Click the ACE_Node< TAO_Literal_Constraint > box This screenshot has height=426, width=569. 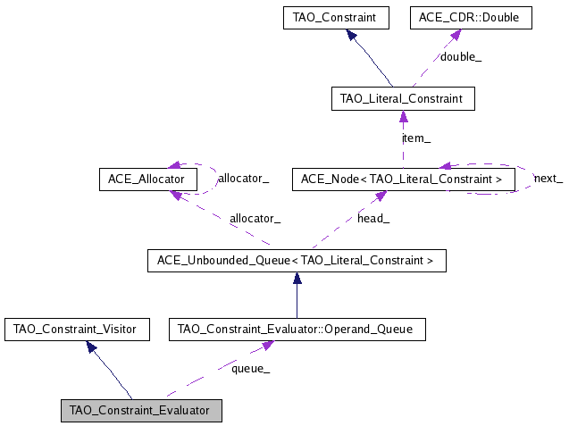tap(403, 179)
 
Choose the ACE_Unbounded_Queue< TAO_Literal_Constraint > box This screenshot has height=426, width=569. tap(296, 261)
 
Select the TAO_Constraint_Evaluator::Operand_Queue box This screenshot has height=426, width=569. tap(296, 330)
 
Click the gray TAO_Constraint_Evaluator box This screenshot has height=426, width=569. tap(139, 411)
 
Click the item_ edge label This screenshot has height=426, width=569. tap(416, 138)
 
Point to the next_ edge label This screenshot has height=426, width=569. tap(548, 179)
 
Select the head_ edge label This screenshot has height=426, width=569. tap(372, 218)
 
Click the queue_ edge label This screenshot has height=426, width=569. tap(250, 368)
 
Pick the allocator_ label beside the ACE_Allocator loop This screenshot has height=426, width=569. tap(244, 179)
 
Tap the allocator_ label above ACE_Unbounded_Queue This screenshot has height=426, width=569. tap(255, 218)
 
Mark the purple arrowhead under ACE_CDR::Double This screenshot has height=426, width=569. tap(456, 34)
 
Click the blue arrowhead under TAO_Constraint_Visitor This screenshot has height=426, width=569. tap(91, 347)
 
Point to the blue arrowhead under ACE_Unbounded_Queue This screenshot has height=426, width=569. tap(296, 278)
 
